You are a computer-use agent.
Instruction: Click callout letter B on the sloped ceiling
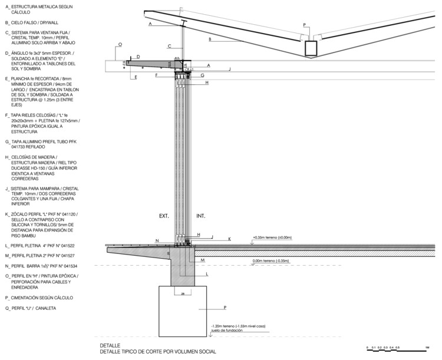coord(209,39)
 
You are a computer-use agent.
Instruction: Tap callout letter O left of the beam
coord(119,44)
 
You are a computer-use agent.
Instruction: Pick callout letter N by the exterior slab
coord(157,240)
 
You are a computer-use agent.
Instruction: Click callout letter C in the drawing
coord(170,46)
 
